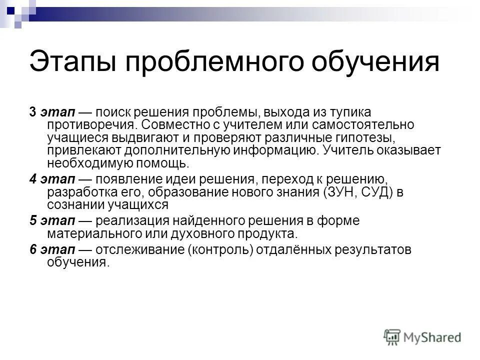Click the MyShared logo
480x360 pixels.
click(x=423, y=336)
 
